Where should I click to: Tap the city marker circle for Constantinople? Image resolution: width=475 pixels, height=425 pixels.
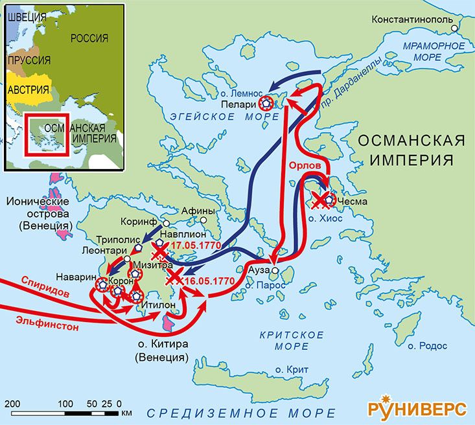coord(456,29)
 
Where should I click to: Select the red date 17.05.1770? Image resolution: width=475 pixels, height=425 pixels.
coord(196,245)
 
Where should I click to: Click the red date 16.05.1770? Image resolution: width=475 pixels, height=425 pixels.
coord(208,281)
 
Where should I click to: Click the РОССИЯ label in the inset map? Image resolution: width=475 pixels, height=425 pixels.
coord(89,38)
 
